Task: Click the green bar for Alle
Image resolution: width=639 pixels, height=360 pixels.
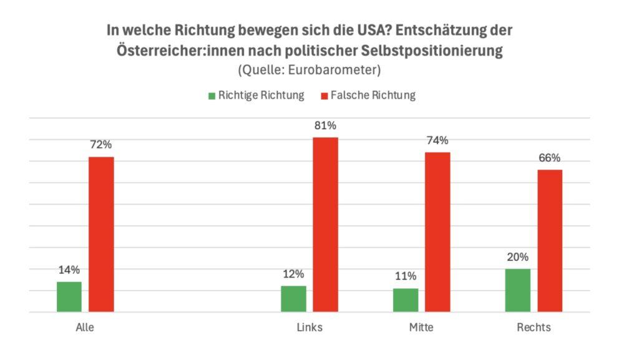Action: pyautogui.click(x=69, y=296)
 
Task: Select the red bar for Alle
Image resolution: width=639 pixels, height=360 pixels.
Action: pyautogui.click(x=101, y=234)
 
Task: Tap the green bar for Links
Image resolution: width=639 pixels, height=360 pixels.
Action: pyautogui.click(x=293, y=299)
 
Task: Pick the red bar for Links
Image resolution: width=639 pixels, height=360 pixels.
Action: pyautogui.click(x=325, y=225)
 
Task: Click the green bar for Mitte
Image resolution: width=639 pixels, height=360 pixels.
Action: pyautogui.click(x=406, y=300)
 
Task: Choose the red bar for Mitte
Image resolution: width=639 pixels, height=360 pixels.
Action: pyautogui.click(x=437, y=232)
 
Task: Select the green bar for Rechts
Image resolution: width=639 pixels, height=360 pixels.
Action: pyautogui.click(x=517, y=290)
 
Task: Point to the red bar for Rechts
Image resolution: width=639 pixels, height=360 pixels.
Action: pyautogui.click(x=550, y=241)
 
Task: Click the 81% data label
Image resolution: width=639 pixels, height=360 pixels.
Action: pyautogui.click(x=325, y=126)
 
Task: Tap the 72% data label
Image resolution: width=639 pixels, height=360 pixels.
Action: pyautogui.click(x=101, y=145)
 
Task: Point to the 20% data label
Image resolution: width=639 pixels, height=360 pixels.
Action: pyautogui.click(x=517, y=257)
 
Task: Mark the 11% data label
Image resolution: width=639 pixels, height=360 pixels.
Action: pyautogui.click(x=406, y=276)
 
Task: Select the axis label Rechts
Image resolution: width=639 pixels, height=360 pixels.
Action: pyautogui.click(x=534, y=328)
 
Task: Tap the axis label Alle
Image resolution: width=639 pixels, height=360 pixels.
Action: pyautogui.click(x=84, y=328)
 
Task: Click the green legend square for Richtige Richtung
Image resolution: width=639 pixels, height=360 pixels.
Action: pyautogui.click(x=212, y=95)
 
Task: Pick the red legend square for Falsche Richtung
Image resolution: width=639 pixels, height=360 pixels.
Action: pyautogui.click(x=324, y=95)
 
